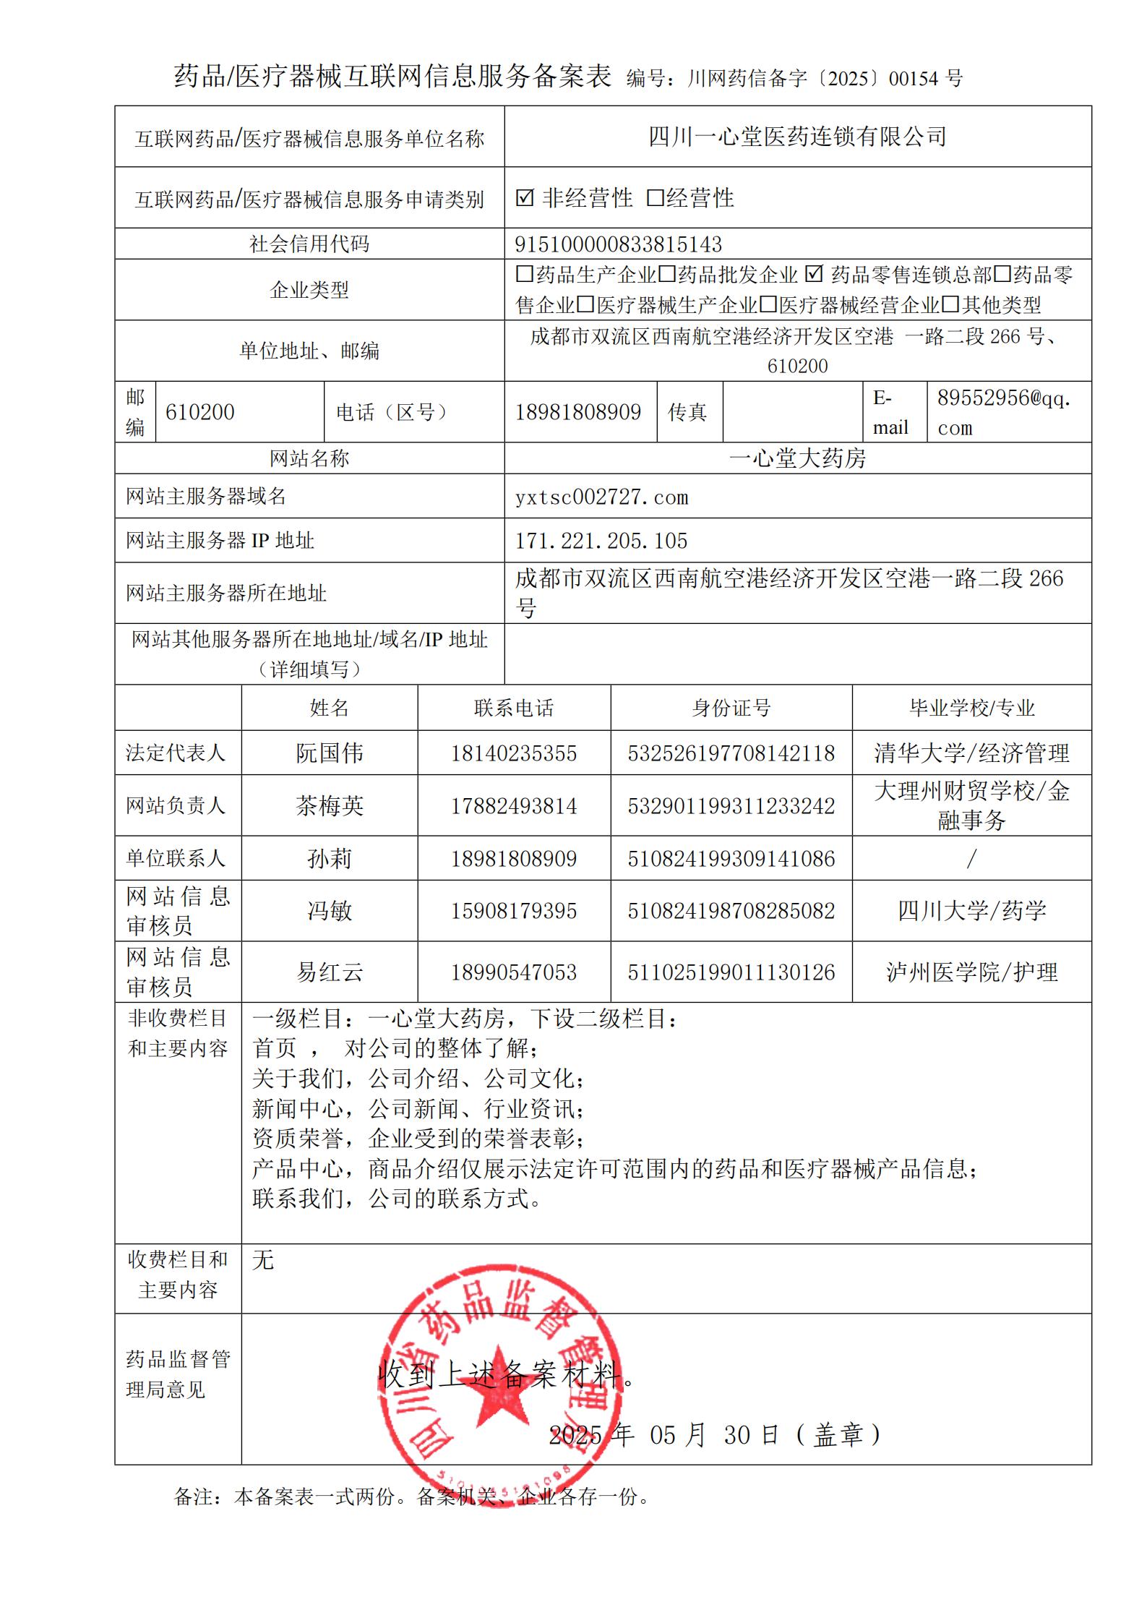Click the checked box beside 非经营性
click(x=525, y=197)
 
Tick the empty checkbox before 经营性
click(x=655, y=197)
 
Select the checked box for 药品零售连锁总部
click(x=814, y=274)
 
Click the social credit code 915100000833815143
click(x=618, y=244)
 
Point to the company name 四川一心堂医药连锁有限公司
click(x=797, y=137)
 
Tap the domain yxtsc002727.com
click(x=601, y=497)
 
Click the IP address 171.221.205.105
click(x=601, y=541)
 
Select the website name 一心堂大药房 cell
click(x=797, y=458)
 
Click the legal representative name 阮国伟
click(x=329, y=753)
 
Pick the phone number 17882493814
click(x=514, y=805)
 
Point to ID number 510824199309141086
click(x=731, y=859)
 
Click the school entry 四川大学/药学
click(x=971, y=911)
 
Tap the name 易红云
click(x=329, y=972)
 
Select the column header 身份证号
click(x=731, y=708)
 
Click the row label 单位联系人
click(x=176, y=859)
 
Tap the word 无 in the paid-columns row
click(x=263, y=1261)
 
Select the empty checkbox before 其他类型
click(x=950, y=304)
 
